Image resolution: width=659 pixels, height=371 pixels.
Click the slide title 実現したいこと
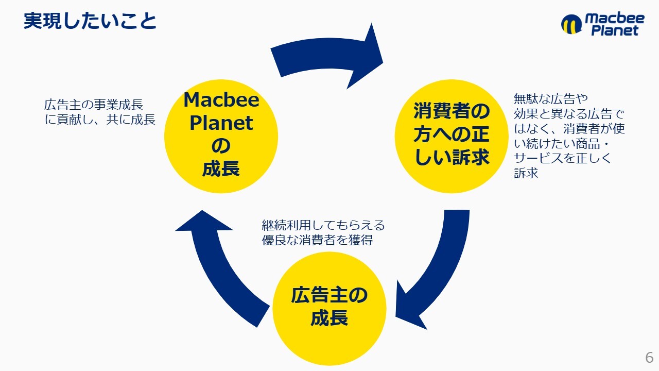(90, 21)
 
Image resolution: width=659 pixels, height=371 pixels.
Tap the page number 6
(649, 357)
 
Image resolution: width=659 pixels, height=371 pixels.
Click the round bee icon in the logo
(571, 24)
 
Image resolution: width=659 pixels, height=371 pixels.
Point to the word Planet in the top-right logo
(614, 31)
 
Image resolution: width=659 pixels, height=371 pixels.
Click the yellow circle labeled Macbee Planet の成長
(221, 135)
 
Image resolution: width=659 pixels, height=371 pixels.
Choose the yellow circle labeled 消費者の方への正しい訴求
(451, 135)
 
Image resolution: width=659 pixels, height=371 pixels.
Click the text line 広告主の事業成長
(93, 105)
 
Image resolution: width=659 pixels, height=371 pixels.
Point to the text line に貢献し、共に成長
(100, 120)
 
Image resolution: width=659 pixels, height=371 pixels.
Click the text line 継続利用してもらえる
(323, 225)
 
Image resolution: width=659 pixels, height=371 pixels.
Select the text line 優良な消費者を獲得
(317, 240)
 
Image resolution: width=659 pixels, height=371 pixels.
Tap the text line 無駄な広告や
(551, 98)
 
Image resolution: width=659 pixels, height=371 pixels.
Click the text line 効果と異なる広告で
(569, 113)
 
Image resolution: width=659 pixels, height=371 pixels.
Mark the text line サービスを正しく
(562, 158)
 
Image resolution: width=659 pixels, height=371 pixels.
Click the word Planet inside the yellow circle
(221, 123)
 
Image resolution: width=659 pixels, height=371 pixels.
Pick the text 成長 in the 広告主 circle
(329, 318)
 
